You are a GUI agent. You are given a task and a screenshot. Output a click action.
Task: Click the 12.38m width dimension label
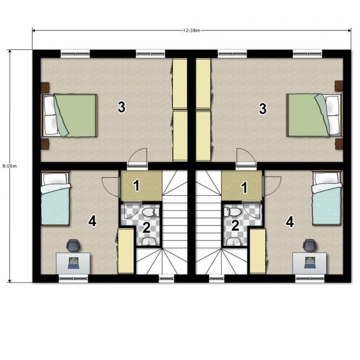point(192,30)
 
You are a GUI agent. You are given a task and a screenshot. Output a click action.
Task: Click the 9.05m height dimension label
point(9,166)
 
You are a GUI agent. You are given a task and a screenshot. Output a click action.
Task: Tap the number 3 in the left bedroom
point(121,107)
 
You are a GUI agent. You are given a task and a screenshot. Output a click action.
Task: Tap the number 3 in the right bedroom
point(263,109)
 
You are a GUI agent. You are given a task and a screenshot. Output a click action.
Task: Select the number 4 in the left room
point(92,222)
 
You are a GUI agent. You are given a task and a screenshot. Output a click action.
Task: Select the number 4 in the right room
point(290,222)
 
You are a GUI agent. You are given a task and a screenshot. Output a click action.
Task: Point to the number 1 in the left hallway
point(137,186)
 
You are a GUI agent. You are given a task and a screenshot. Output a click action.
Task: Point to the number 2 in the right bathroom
point(235,225)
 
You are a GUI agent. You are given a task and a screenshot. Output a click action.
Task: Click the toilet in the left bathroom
point(151,212)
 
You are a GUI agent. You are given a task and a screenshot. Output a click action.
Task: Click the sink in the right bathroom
point(234,242)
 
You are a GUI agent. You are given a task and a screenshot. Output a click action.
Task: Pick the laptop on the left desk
point(74,263)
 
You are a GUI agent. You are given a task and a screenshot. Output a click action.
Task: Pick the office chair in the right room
point(310,245)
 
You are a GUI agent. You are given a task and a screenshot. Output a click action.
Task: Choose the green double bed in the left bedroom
point(69,116)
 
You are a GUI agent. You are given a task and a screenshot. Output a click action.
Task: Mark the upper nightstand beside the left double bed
point(45,88)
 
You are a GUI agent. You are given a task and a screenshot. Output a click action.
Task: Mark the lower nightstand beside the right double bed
point(339,144)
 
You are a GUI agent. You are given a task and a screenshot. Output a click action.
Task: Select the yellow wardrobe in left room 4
point(126,251)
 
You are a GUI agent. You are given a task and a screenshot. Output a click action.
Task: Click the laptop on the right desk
point(310,263)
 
